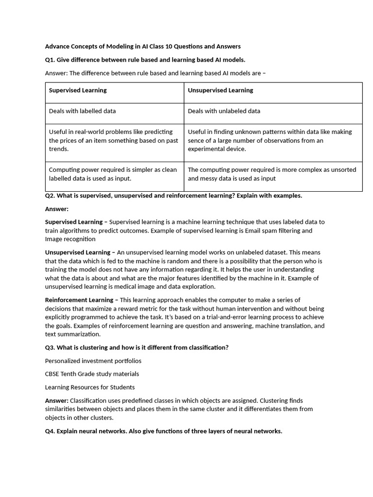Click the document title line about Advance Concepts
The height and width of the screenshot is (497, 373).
coord(143,47)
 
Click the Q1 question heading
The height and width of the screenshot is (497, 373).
coord(145,60)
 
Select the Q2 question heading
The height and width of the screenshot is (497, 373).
coord(173,196)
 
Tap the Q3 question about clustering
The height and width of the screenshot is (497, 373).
coord(136,348)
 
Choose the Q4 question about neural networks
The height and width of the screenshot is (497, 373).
coord(163,431)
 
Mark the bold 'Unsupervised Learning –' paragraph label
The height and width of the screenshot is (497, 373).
coord(80,252)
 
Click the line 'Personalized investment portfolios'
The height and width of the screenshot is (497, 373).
coord(93,361)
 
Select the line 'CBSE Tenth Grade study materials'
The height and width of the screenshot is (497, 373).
coord(92,374)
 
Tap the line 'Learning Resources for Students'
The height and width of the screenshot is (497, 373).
coord(90,387)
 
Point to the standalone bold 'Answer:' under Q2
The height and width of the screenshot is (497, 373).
coord(57,209)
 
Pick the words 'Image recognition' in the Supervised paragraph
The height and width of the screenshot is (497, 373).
coord(70,239)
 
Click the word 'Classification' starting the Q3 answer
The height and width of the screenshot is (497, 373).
coord(90,401)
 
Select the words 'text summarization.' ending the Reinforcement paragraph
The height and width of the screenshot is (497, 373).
coord(73,334)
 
